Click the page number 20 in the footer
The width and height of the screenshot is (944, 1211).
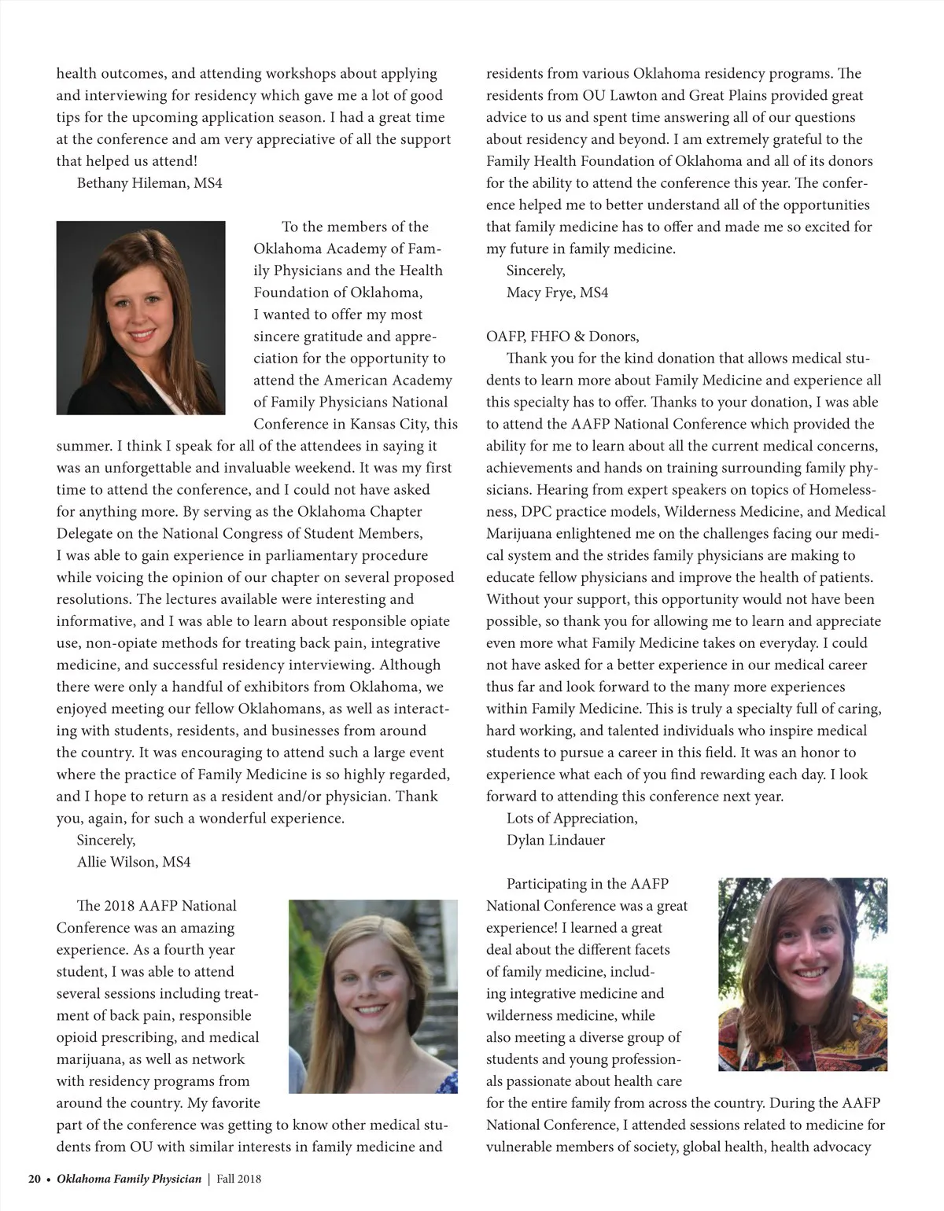pos(35,1179)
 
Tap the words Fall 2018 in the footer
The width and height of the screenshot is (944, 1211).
pos(239,1179)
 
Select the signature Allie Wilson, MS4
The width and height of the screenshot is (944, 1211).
pos(134,862)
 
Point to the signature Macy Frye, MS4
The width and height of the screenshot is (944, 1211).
pos(557,293)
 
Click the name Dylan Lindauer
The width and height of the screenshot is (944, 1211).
pos(555,840)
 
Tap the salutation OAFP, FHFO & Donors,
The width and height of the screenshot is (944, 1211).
pos(562,337)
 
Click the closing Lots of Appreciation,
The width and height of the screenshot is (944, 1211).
pos(572,818)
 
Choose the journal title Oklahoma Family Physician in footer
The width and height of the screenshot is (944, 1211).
pos(129,1179)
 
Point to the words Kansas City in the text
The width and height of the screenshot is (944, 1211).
pos(389,424)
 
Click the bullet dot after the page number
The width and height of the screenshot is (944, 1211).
pos(49,1180)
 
